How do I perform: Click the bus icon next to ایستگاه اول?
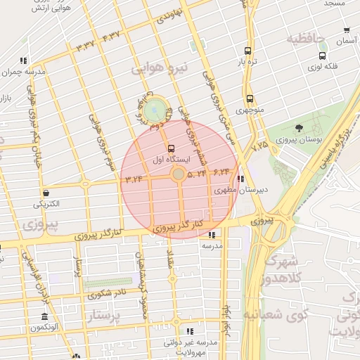coord(171,148)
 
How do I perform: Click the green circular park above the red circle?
coord(154,110)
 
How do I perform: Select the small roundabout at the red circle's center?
coord(179,173)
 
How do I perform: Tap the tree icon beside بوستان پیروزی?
coord(300,128)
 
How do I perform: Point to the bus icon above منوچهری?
coord(250,99)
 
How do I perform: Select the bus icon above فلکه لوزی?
coord(322,56)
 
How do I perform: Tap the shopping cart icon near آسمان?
coord(347,30)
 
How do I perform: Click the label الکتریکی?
coord(46,204)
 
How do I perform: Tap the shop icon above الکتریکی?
coord(46,193)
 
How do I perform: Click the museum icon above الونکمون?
coord(45,316)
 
